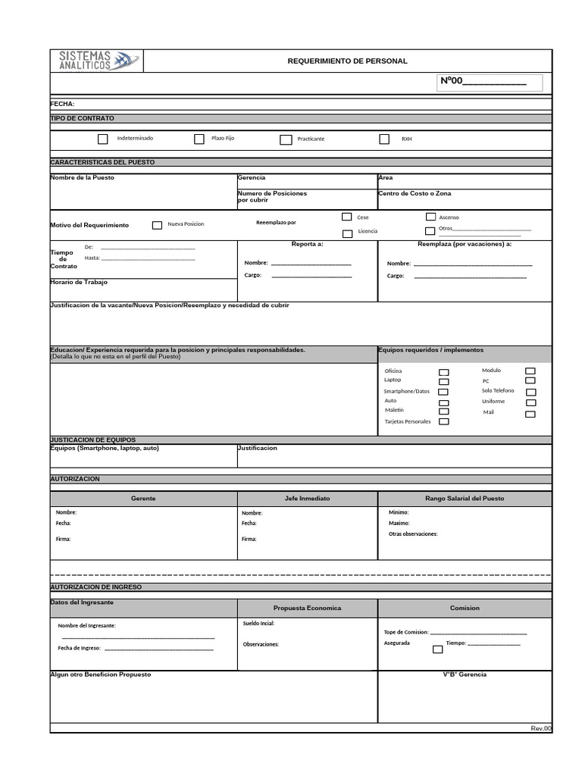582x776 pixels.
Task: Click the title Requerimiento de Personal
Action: (x=347, y=61)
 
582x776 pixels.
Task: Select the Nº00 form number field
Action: (x=490, y=82)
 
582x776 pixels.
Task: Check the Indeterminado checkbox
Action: (x=103, y=139)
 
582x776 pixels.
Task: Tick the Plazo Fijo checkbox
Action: (x=199, y=139)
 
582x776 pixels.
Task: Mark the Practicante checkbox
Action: (x=286, y=139)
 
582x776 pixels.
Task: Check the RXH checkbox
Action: (x=384, y=139)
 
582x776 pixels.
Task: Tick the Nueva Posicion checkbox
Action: (x=157, y=225)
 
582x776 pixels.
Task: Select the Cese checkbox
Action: (x=347, y=217)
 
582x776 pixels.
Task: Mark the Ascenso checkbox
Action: (x=430, y=217)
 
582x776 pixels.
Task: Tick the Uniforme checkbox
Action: (x=530, y=402)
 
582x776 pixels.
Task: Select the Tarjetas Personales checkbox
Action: (x=444, y=421)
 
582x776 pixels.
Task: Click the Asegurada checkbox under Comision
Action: (x=437, y=649)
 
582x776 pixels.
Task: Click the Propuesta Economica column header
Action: (x=307, y=608)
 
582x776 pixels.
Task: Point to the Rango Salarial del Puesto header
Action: (x=465, y=499)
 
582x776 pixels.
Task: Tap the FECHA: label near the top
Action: (x=62, y=104)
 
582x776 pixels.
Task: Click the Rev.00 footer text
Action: (x=541, y=728)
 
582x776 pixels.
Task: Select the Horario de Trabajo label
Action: (x=79, y=282)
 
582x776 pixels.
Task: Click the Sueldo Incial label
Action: (x=258, y=624)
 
